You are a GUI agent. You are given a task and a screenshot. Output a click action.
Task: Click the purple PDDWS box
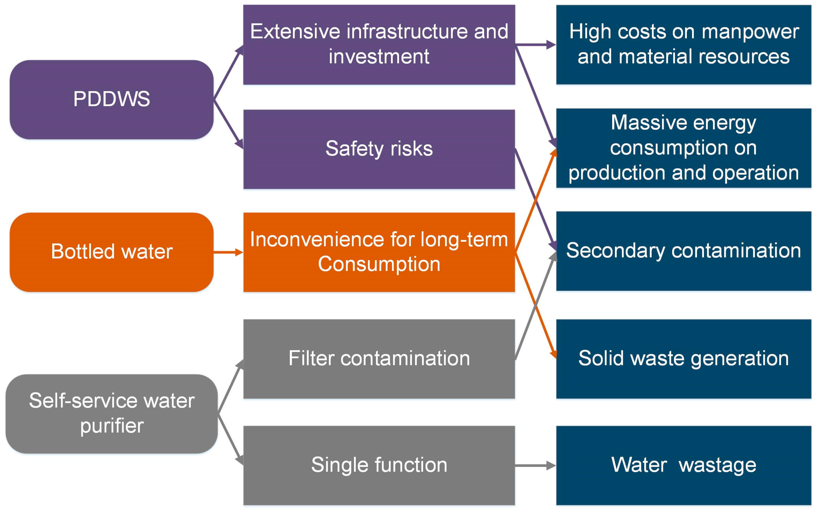pyautogui.click(x=111, y=99)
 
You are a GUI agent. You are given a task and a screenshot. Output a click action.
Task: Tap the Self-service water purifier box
pyautogui.click(x=111, y=413)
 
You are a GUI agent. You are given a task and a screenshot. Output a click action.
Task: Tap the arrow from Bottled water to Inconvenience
pyautogui.click(x=228, y=252)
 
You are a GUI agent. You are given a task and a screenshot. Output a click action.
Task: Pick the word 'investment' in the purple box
pyautogui.click(x=379, y=56)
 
